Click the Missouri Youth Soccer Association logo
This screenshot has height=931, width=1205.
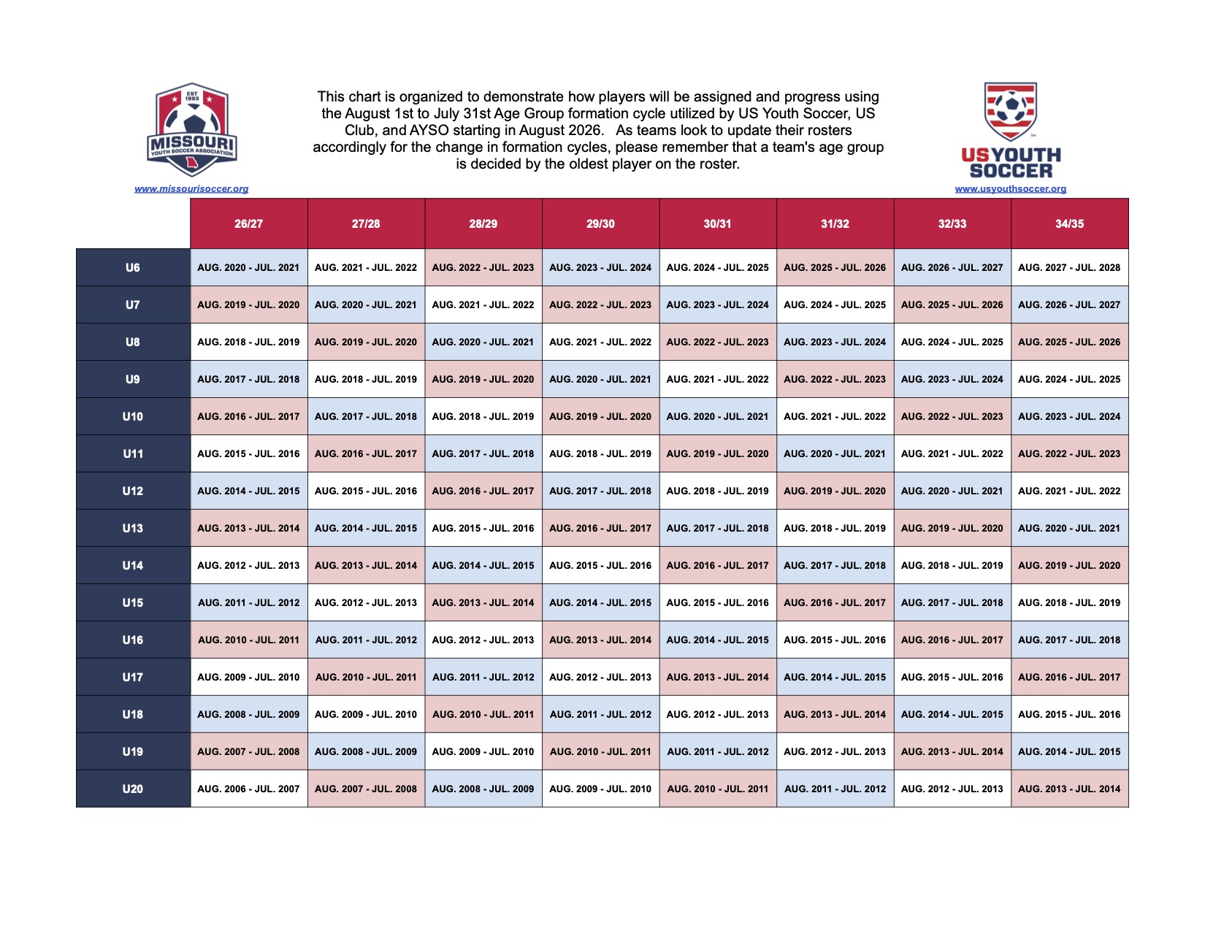coord(191,129)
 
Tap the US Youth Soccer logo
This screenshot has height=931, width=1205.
coord(1011,131)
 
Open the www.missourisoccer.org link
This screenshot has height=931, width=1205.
coord(191,189)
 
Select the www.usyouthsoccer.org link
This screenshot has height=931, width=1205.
coord(1011,189)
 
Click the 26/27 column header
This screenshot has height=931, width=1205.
coord(249,223)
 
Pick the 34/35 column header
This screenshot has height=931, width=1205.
coord(1069,223)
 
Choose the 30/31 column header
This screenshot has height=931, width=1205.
coord(717,223)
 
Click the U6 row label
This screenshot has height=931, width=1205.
coord(133,267)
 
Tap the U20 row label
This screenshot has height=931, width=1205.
coord(133,789)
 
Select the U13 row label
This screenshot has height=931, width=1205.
coord(133,528)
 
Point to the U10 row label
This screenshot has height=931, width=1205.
coord(133,416)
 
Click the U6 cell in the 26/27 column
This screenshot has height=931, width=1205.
coord(249,267)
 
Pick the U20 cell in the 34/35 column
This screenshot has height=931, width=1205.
coord(1069,789)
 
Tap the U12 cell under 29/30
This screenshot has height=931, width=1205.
coord(600,491)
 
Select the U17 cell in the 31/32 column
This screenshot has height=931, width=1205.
coord(835,677)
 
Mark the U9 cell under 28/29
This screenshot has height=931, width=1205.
coord(483,379)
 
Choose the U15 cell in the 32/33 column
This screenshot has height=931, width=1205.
coord(952,602)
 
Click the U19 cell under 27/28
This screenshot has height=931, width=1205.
coord(366,751)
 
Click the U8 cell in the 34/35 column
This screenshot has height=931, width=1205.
coord(1069,342)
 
